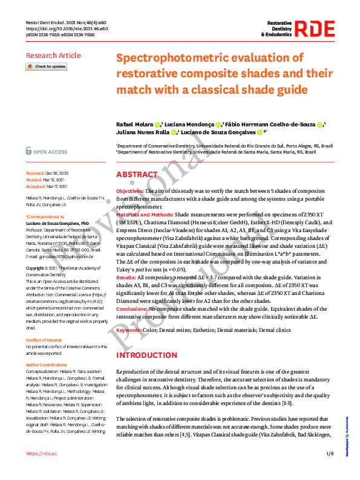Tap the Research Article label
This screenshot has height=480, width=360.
(x=53, y=56)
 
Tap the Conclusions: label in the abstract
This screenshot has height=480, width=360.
(x=132, y=292)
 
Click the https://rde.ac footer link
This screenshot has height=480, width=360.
(x=41, y=453)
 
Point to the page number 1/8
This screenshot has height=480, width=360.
(x=329, y=453)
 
